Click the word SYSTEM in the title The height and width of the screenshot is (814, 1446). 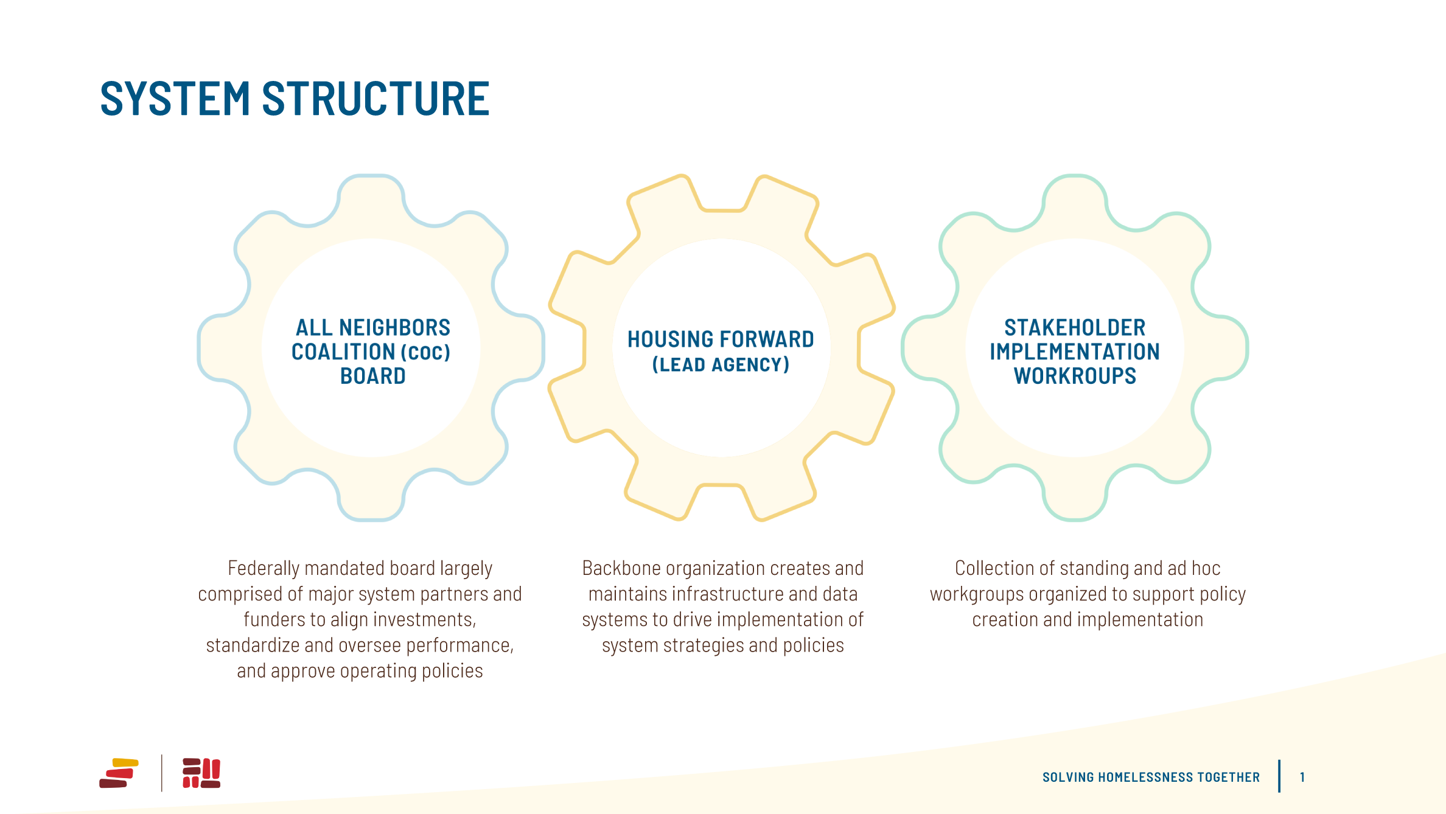[x=175, y=99]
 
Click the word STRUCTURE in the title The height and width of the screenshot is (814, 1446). [x=375, y=99]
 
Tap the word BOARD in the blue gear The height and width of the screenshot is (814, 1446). [x=372, y=376]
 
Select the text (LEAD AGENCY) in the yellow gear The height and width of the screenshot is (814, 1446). [x=721, y=364]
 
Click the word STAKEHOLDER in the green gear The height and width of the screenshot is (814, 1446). [x=1075, y=327]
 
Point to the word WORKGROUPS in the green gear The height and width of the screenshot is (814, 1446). [x=1075, y=376]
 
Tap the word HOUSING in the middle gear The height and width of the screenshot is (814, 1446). [x=670, y=339]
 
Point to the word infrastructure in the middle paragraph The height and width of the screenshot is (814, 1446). [x=728, y=594]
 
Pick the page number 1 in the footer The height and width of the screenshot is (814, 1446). [x=1302, y=777]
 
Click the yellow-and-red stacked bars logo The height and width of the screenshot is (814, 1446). [x=119, y=773]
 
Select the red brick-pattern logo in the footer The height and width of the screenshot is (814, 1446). [x=201, y=773]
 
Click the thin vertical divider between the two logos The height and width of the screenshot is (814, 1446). [x=162, y=773]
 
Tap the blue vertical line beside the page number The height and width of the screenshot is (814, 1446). [x=1279, y=776]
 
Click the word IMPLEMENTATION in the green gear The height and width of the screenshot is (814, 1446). [x=1075, y=352]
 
